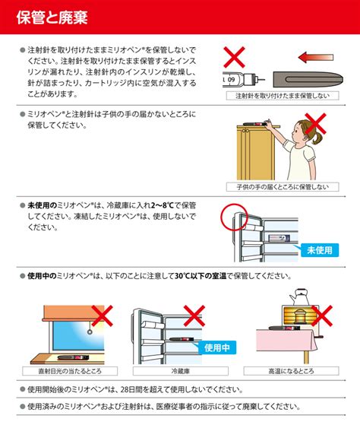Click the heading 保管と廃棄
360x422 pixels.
[52, 17]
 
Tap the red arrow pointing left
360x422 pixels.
[316, 57]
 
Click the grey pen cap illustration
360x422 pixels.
[308, 79]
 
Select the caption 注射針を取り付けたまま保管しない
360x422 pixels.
[283, 96]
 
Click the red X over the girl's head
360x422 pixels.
[315, 123]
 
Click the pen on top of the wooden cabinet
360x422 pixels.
[255, 124]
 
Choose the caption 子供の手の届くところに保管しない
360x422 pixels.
[283, 187]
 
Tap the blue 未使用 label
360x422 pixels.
[320, 250]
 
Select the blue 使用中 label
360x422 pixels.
[217, 347]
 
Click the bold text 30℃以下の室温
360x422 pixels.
[201, 276]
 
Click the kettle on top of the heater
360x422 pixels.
[299, 297]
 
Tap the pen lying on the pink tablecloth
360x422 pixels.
[284, 328]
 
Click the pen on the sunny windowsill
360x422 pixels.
[73, 357]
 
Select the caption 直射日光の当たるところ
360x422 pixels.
[70, 371]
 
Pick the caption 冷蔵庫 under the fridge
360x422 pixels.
[181, 371]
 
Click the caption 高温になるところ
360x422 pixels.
[291, 371]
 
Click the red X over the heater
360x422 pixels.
[322, 316]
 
